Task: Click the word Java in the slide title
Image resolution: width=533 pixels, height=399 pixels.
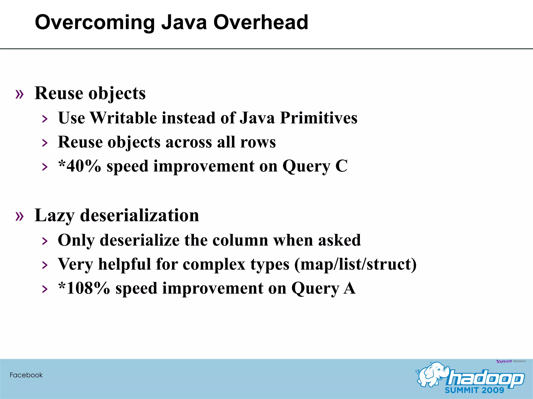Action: (x=184, y=22)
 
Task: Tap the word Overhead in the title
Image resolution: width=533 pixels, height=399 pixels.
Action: (x=261, y=22)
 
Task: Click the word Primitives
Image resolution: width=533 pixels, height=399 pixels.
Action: (x=319, y=118)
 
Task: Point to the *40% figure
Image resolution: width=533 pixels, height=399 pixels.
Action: (x=80, y=166)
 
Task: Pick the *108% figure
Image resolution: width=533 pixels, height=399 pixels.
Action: (x=84, y=288)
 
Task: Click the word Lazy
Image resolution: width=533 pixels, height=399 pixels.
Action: (x=54, y=216)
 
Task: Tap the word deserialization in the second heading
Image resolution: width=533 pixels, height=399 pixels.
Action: (x=139, y=216)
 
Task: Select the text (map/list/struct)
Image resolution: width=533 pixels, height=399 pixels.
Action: (x=355, y=264)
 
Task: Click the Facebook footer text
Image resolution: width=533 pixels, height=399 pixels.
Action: (x=26, y=375)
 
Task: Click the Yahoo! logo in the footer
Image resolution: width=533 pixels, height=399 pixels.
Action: (x=504, y=361)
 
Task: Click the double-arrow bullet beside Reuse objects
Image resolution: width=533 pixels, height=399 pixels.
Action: (x=20, y=94)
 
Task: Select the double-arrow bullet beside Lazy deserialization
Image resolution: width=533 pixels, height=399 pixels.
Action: (x=20, y=216)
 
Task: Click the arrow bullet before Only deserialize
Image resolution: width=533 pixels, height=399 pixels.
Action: (x=45, y=241)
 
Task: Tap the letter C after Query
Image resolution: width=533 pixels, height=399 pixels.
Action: (x=341, y=166)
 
